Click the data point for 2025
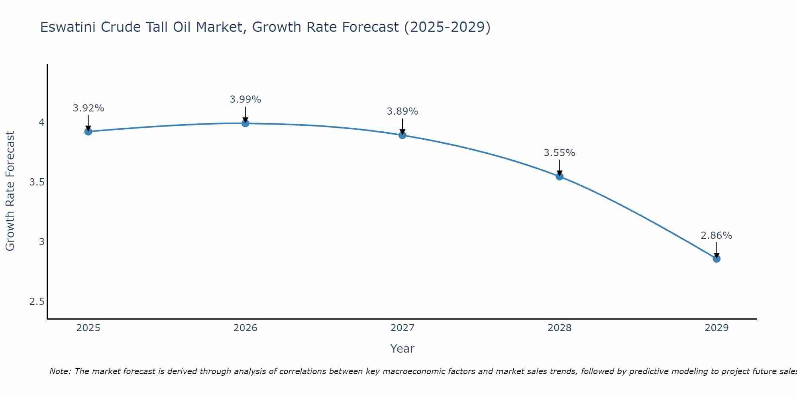[x=88, y=131]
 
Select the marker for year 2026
[x=245, y=123]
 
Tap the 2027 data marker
[x=402, y=135]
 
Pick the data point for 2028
[x=559, y=176]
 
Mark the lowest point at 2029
[x=716, y=259]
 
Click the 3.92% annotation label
[x=88, y=108]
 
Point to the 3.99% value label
[x=245, y=99]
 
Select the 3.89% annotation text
[x=402, y=111]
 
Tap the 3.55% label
[x=559, y=153]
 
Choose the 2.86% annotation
[x=716, y=236]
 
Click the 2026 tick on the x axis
[x=245, y=328]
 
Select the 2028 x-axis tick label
[x=559, y=328]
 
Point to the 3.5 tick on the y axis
[x=37, y=182]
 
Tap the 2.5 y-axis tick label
[x=37, y=302]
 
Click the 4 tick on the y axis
[x=41, y=123]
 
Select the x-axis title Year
[x=402, y=349]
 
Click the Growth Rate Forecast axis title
[x=10, y=191]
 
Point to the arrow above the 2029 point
[x=716, y=249]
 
